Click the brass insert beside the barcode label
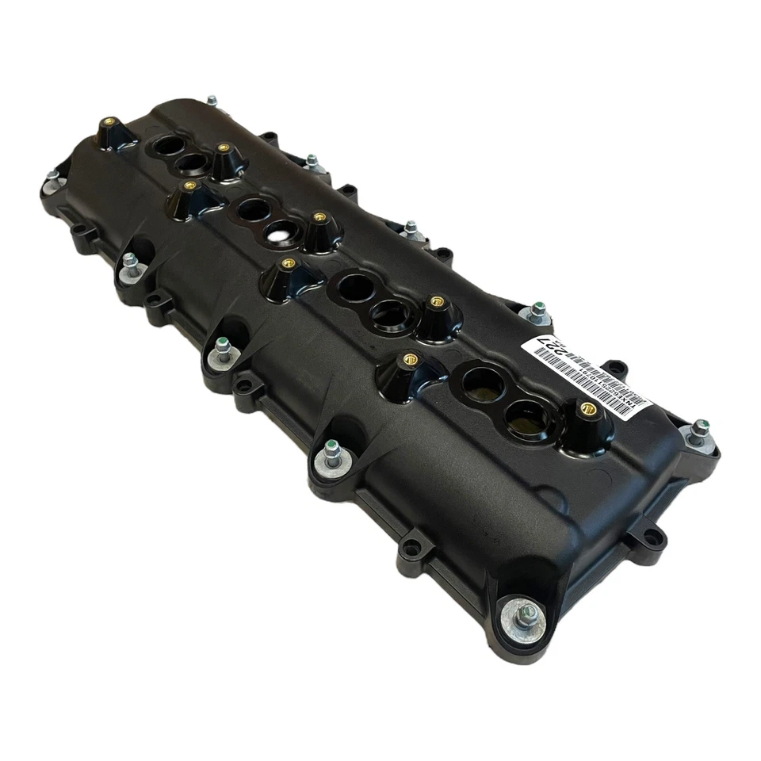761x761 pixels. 587,409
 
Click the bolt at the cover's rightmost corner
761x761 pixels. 699,432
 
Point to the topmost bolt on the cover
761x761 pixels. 212,101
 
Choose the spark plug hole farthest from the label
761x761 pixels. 168,146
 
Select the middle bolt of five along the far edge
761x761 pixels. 411,230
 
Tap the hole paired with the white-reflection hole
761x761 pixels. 254,210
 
